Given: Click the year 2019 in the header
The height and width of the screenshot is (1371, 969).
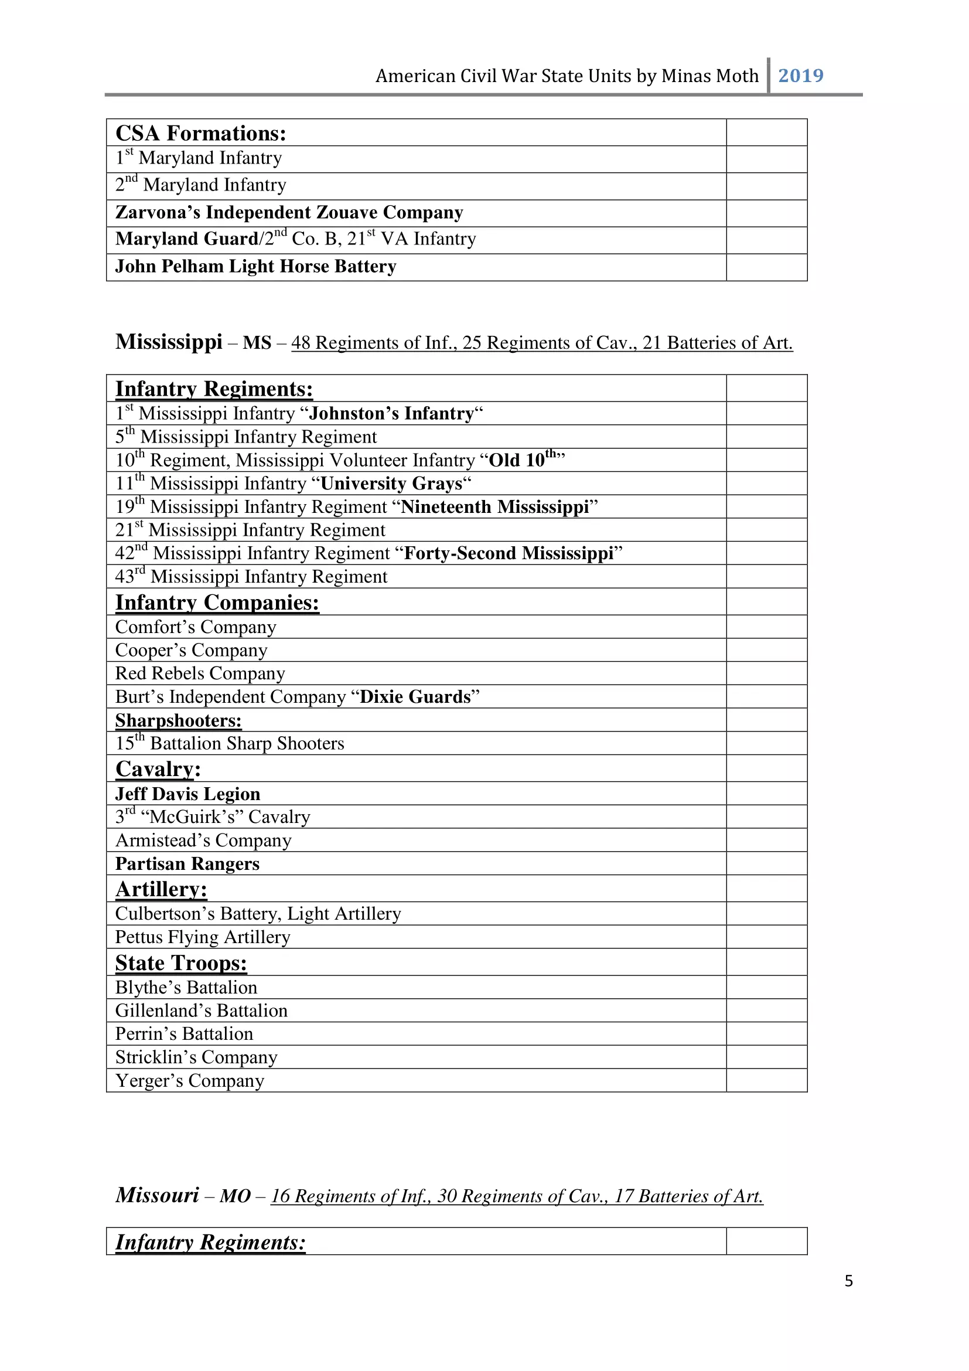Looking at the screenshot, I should coord(800,76).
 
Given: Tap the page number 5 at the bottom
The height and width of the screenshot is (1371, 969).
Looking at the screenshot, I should coord(848,1281).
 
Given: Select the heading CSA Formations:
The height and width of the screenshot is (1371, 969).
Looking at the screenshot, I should coord(200,133).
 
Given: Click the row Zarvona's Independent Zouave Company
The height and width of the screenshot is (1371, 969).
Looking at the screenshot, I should coord(289,213).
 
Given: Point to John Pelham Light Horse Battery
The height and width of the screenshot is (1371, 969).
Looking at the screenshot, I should coord(255,266).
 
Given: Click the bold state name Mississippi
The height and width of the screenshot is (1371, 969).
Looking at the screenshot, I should coord(168,342).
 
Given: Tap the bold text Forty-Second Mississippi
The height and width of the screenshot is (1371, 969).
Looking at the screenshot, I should coord(509,553).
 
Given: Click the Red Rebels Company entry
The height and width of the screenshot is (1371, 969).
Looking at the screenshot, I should coord(200,673).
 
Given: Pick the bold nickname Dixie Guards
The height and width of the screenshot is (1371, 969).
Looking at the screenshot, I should coord(415,697).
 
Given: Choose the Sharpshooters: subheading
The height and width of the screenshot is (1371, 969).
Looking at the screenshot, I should coord(178,720).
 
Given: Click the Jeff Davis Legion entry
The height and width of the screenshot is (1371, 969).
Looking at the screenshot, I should coord(187,794).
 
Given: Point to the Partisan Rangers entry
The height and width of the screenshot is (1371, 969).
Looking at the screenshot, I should coord(187,864).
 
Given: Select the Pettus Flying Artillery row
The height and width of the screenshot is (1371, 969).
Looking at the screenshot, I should coord(202,937).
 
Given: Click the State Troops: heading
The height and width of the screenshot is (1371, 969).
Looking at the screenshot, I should coord(181,962).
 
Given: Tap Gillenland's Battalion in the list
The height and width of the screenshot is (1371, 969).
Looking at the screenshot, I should coord(201,1011).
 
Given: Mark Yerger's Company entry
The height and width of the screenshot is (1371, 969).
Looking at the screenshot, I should coord(189,1080).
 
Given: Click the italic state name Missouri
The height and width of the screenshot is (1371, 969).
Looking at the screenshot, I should coord(157,1195).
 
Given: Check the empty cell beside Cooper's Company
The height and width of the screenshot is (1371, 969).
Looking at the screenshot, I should coord(766,650).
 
